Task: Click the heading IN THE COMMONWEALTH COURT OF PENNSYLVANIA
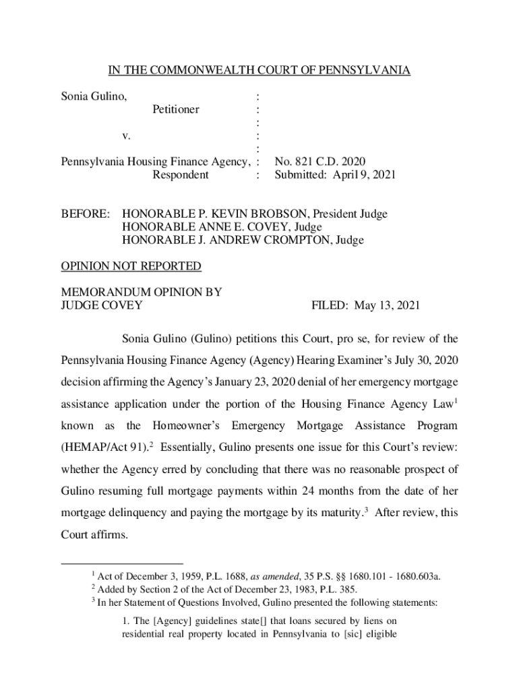[259, 71]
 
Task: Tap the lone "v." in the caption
[127, 136]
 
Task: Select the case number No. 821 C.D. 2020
[319, 162]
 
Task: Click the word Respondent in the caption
[181, 175]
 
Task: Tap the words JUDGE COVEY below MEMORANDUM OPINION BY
[102, 305]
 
